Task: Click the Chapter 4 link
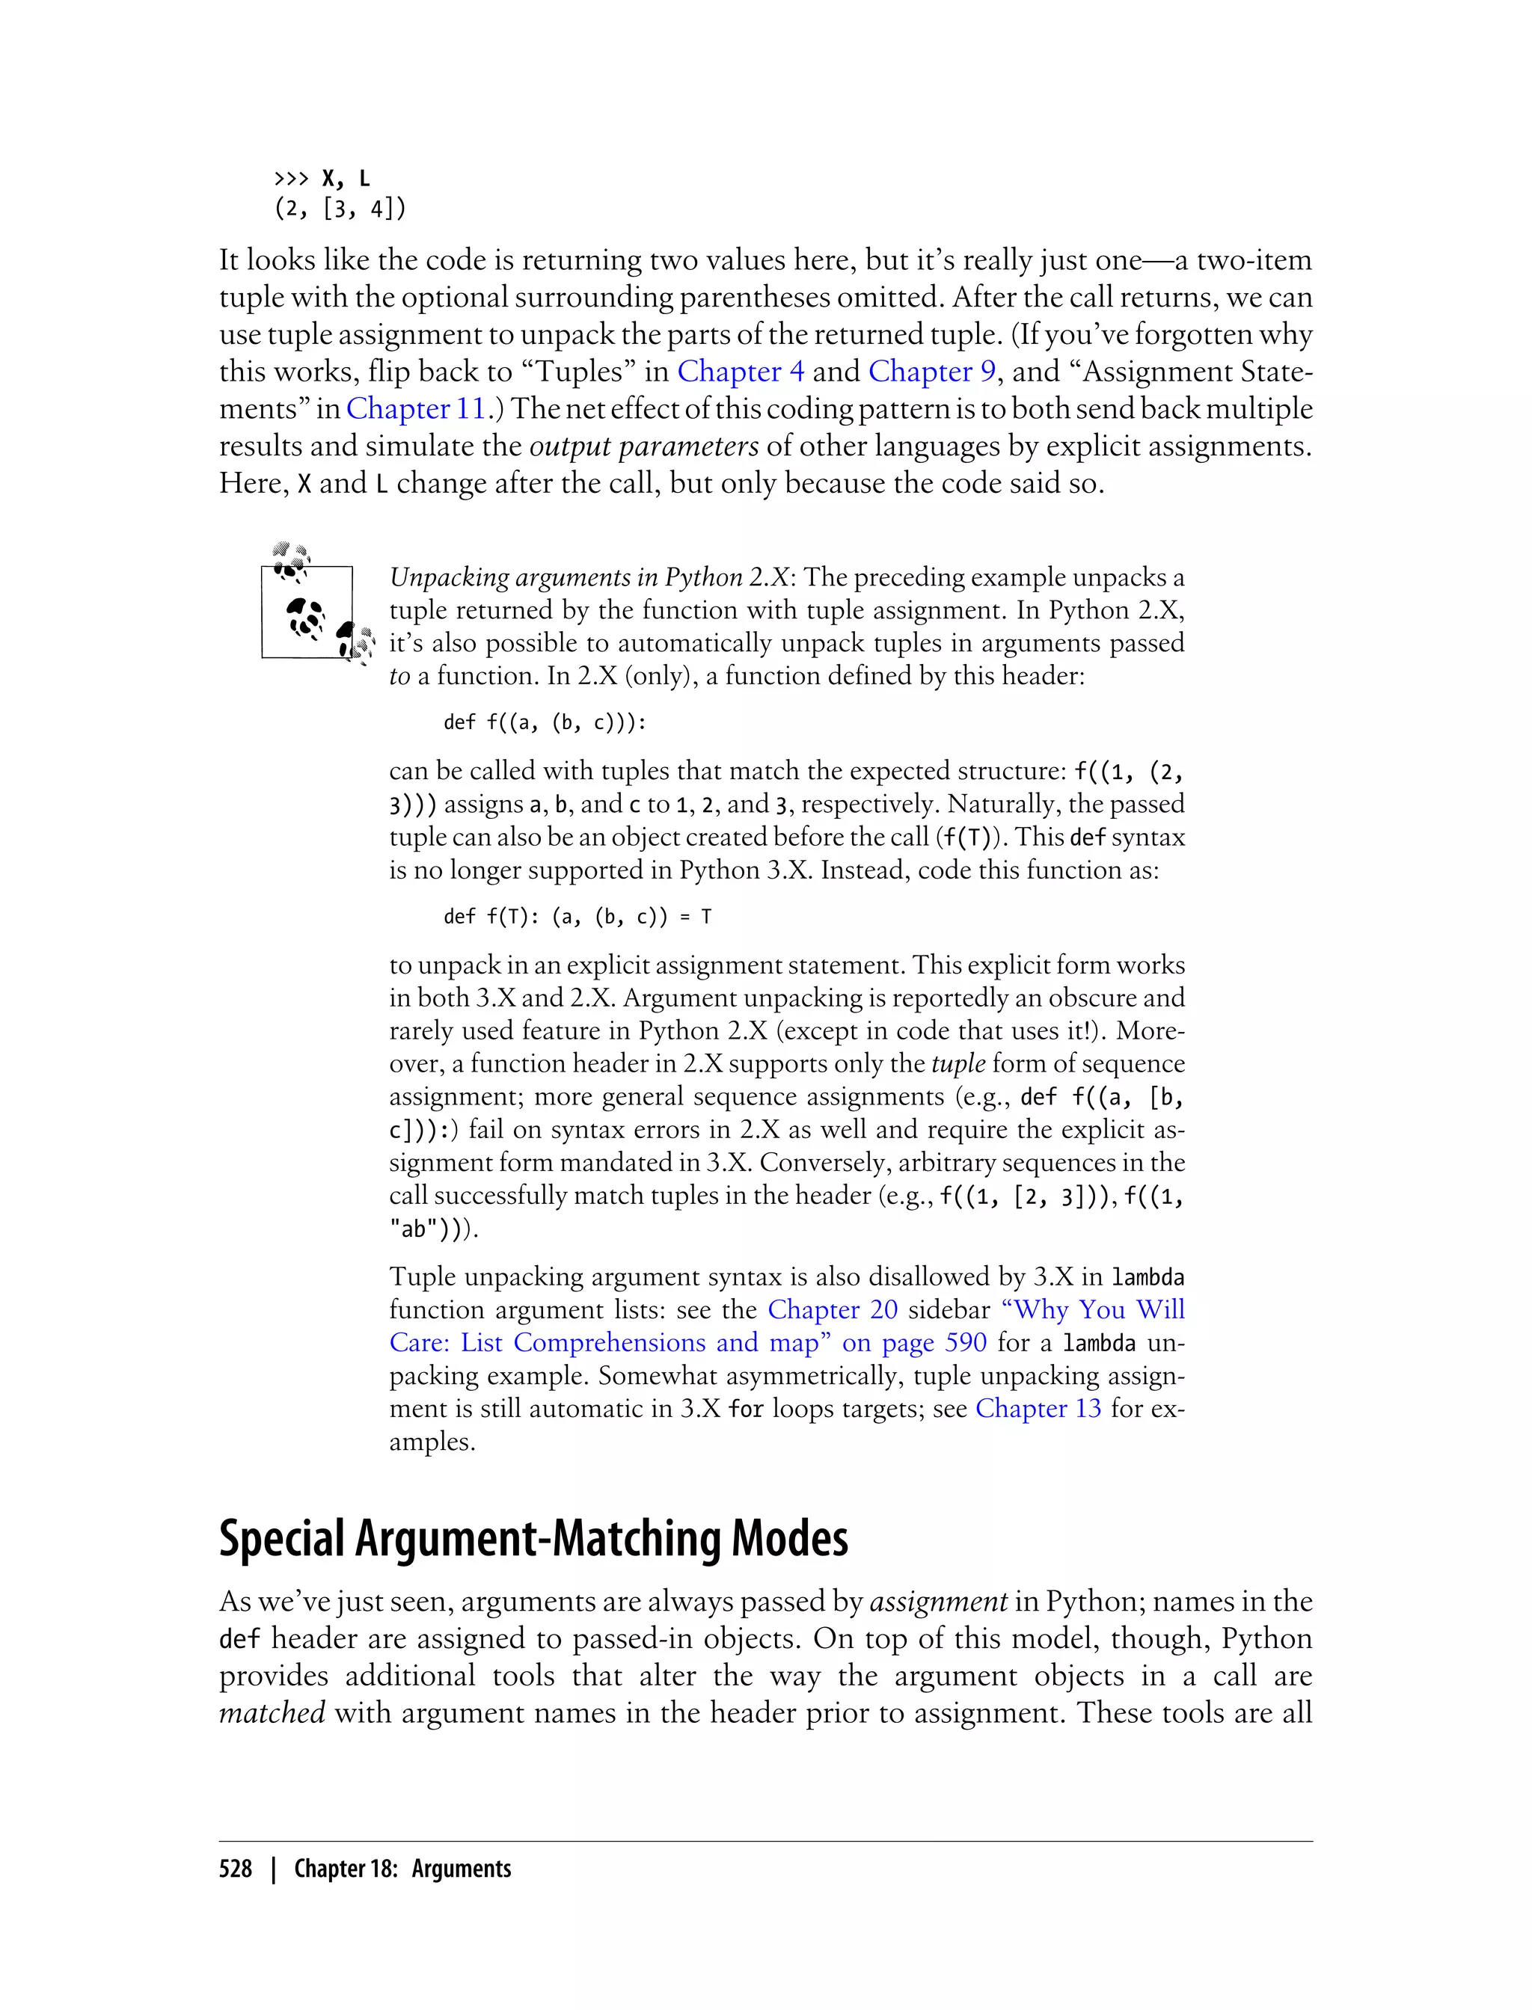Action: [740, 372]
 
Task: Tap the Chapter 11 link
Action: [416, 409]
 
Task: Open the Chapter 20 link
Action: [832, 1310]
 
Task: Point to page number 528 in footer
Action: [236, 1869]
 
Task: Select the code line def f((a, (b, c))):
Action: [545, 723]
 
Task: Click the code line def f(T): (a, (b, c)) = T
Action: [576, 917]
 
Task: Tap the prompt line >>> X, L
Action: [322, 179]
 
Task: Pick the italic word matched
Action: [272, 1713]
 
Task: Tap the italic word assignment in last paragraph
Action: [938, 1602]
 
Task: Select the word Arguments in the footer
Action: [462, 1869]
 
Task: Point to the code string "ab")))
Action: [433, 1229]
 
